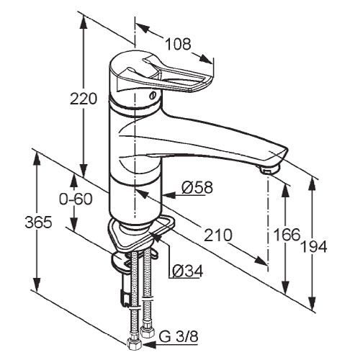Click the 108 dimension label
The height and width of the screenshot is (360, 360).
(178, 44)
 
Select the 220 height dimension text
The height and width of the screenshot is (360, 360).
(84, 99)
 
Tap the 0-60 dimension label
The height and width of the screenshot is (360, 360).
(76, 199)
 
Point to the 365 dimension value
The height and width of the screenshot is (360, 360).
(38, 222)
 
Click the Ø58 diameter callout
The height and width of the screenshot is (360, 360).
(197, 187)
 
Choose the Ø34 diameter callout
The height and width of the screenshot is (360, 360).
(188, 271)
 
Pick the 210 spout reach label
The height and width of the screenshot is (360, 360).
(218, 235)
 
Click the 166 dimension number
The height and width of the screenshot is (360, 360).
(287, 235)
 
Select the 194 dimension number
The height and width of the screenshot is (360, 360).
(314, 246)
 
